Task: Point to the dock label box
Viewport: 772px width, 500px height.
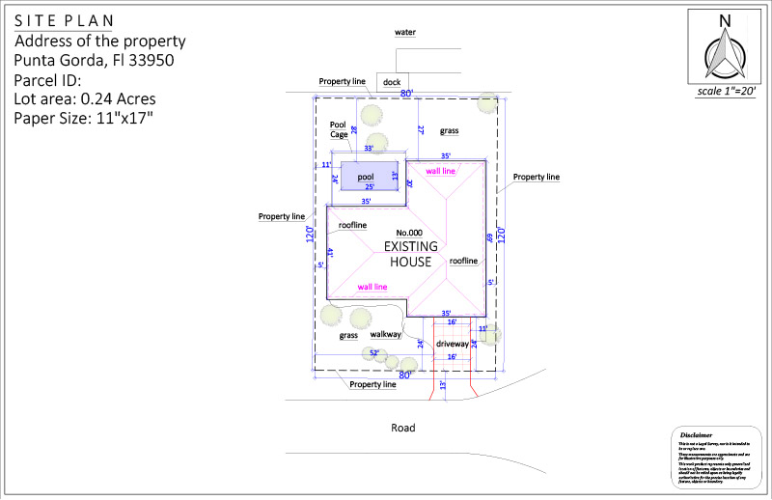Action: [x=392, y=82]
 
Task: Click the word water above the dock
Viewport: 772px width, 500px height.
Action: [x=405, y=32]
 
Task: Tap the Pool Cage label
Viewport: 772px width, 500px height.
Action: [x=339, y=129]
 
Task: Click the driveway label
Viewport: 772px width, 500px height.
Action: [x=452, y=344]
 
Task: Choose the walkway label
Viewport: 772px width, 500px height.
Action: [x=386, y=335]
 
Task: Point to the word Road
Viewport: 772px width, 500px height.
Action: [x=402, y=428]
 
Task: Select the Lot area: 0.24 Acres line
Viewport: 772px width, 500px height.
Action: [x=85, y=98]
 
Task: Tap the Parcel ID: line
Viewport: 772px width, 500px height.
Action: [x=48, y=79]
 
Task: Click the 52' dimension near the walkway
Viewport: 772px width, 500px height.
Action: [x=374, y=353]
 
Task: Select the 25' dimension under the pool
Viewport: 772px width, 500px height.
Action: [x=368, y=186]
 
